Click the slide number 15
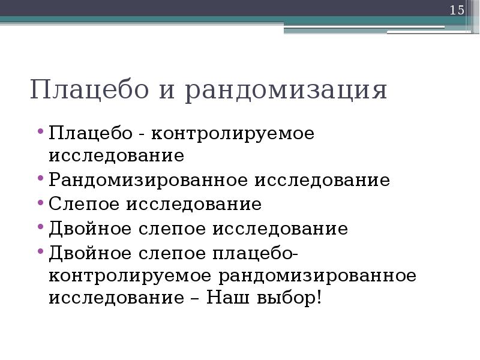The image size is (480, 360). [457, 10]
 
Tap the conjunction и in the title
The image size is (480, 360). [167, 91]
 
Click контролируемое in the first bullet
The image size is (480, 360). [233, 134]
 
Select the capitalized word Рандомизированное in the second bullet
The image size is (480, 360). [149, 180]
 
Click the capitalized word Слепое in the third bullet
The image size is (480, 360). [83, 205]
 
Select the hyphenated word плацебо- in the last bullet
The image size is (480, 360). [251, 253]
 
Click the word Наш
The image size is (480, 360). [228, 298]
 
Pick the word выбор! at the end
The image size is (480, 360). [289, 298]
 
